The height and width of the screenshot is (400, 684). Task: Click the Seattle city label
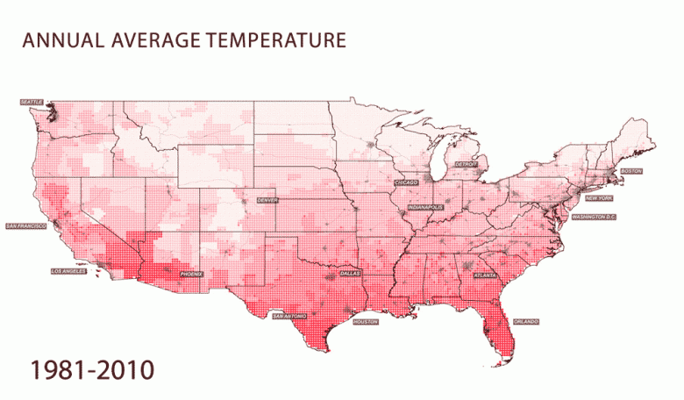(31, 102)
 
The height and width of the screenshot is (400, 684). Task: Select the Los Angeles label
(68, 271)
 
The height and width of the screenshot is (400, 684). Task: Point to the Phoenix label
(191, 275)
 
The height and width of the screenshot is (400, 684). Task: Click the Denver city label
(267, 200)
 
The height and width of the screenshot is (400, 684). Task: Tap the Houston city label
(365, 322)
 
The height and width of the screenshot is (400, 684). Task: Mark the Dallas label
(349, 274)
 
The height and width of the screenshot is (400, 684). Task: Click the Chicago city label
(406, 182)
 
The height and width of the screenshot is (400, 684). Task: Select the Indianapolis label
(426, 209)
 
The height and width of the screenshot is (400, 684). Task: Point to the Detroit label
(467, 164)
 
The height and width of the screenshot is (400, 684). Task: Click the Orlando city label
(526, 321)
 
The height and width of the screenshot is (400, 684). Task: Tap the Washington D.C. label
(595, 216)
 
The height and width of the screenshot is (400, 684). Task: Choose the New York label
(599, 198)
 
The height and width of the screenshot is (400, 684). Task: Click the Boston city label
(631, 170)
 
